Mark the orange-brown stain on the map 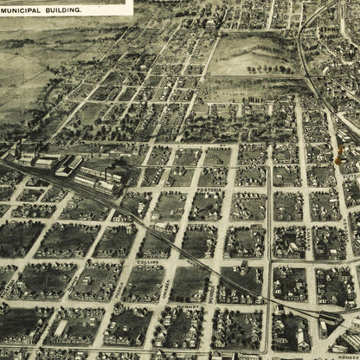pyautogui.click(x=338, y=156)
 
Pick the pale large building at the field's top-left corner pyautogui.click(x=210, y=26)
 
